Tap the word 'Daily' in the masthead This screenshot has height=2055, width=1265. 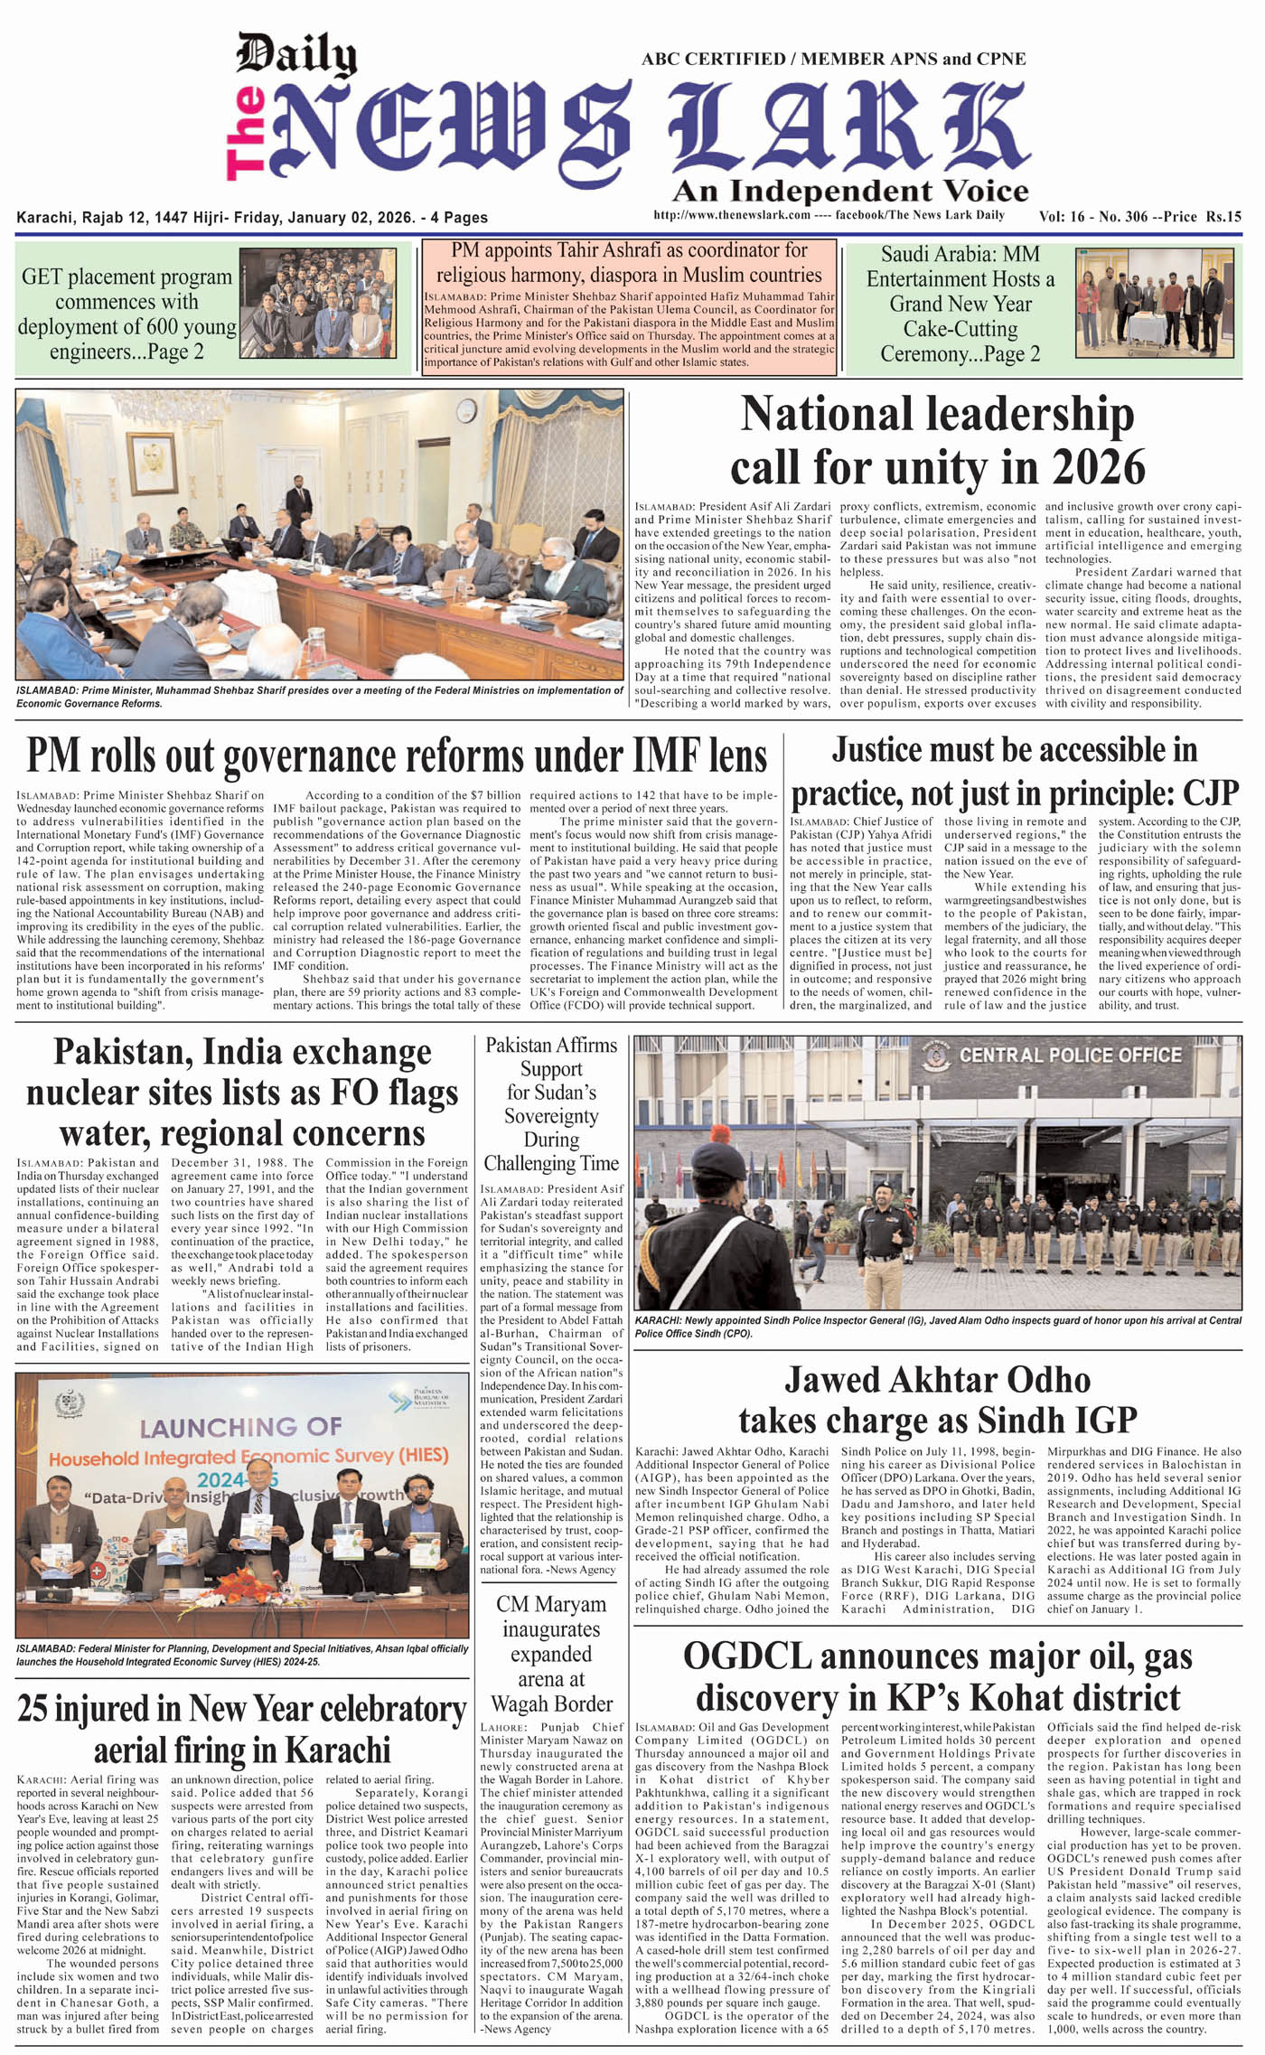point(296,53)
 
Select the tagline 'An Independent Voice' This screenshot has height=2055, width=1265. point(849,191)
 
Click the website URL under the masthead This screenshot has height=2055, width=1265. point(731,215)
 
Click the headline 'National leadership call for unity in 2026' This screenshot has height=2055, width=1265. point(937,441)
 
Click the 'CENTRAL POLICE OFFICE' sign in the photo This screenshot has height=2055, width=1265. point(1070,1056)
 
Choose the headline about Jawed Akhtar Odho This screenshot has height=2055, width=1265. point(937,1399)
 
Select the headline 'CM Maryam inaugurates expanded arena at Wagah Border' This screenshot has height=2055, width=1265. point(551,1654)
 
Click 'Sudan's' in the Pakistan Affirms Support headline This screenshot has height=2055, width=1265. point(551,1093)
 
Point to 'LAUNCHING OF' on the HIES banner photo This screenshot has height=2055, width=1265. point(239,1428)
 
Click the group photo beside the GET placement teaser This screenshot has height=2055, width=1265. point(316,303)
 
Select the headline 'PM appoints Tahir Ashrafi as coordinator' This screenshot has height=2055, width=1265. point(629,262)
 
